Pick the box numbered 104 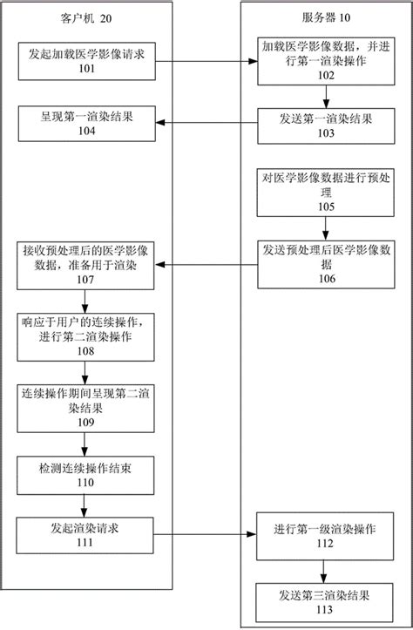pos(85,124)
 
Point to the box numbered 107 pos(85,264)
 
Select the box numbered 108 pos(85,335)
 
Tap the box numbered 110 pos(85,474)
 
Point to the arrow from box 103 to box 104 pos(204,125)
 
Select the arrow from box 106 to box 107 pos(204,265)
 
